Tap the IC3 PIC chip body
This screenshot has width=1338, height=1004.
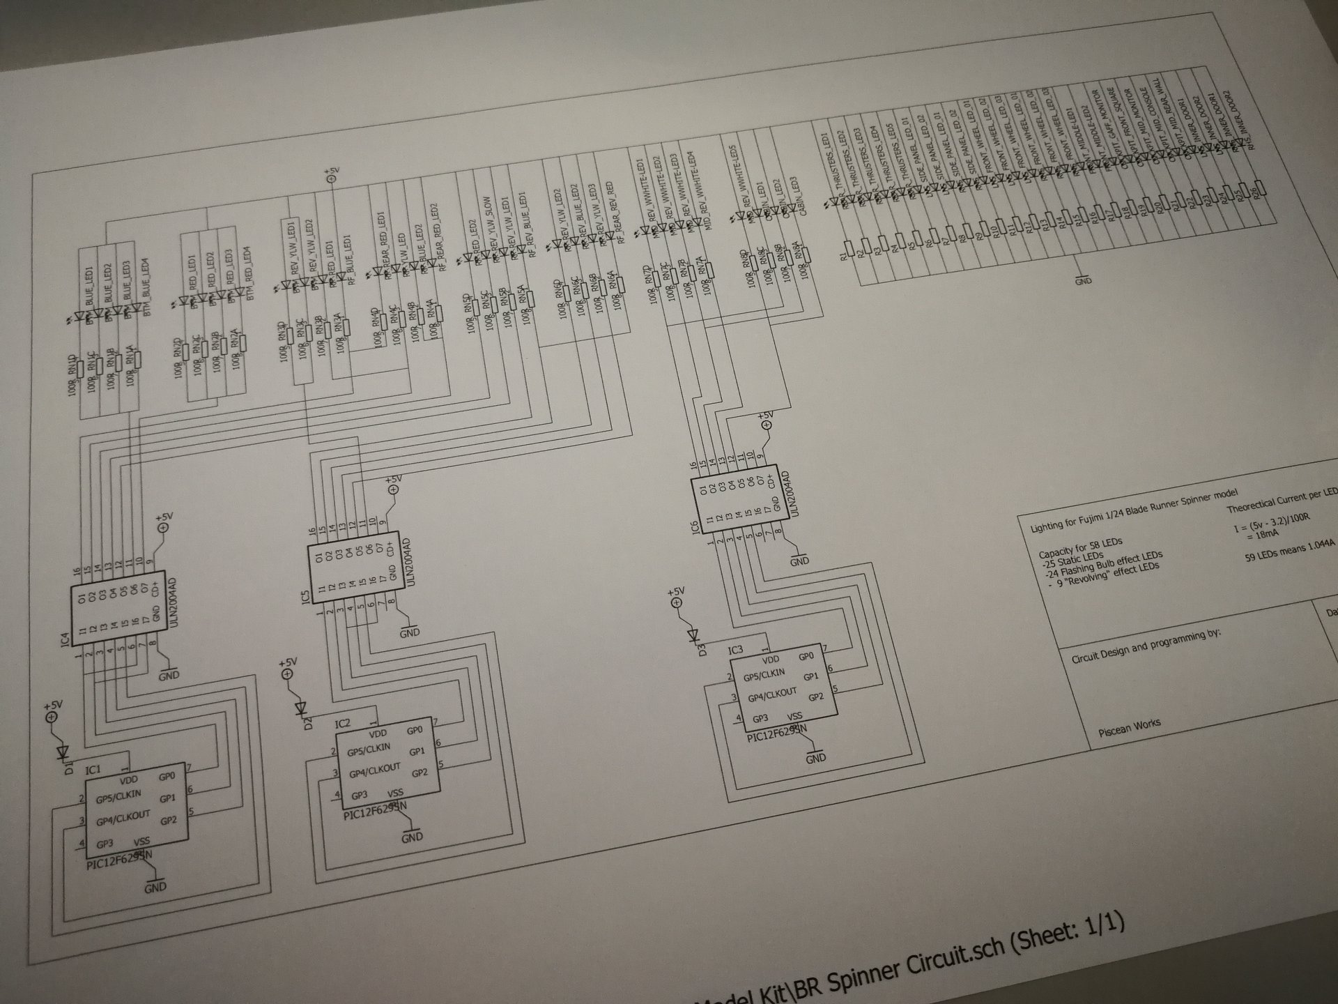click(x=781, y=687)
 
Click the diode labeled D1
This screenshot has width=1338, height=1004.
click(x=63, y=752)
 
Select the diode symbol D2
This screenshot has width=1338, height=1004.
click(x=301, y=708)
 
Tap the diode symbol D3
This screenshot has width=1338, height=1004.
click(x=693, y=635)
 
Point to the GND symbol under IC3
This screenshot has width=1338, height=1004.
click(x=815, y=756)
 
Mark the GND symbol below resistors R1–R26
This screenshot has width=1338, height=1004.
click(x=1083, y=280)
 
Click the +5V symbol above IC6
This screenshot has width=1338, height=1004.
click(x=767, y=423)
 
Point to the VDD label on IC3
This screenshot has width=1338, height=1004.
click(x=770, y=659)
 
